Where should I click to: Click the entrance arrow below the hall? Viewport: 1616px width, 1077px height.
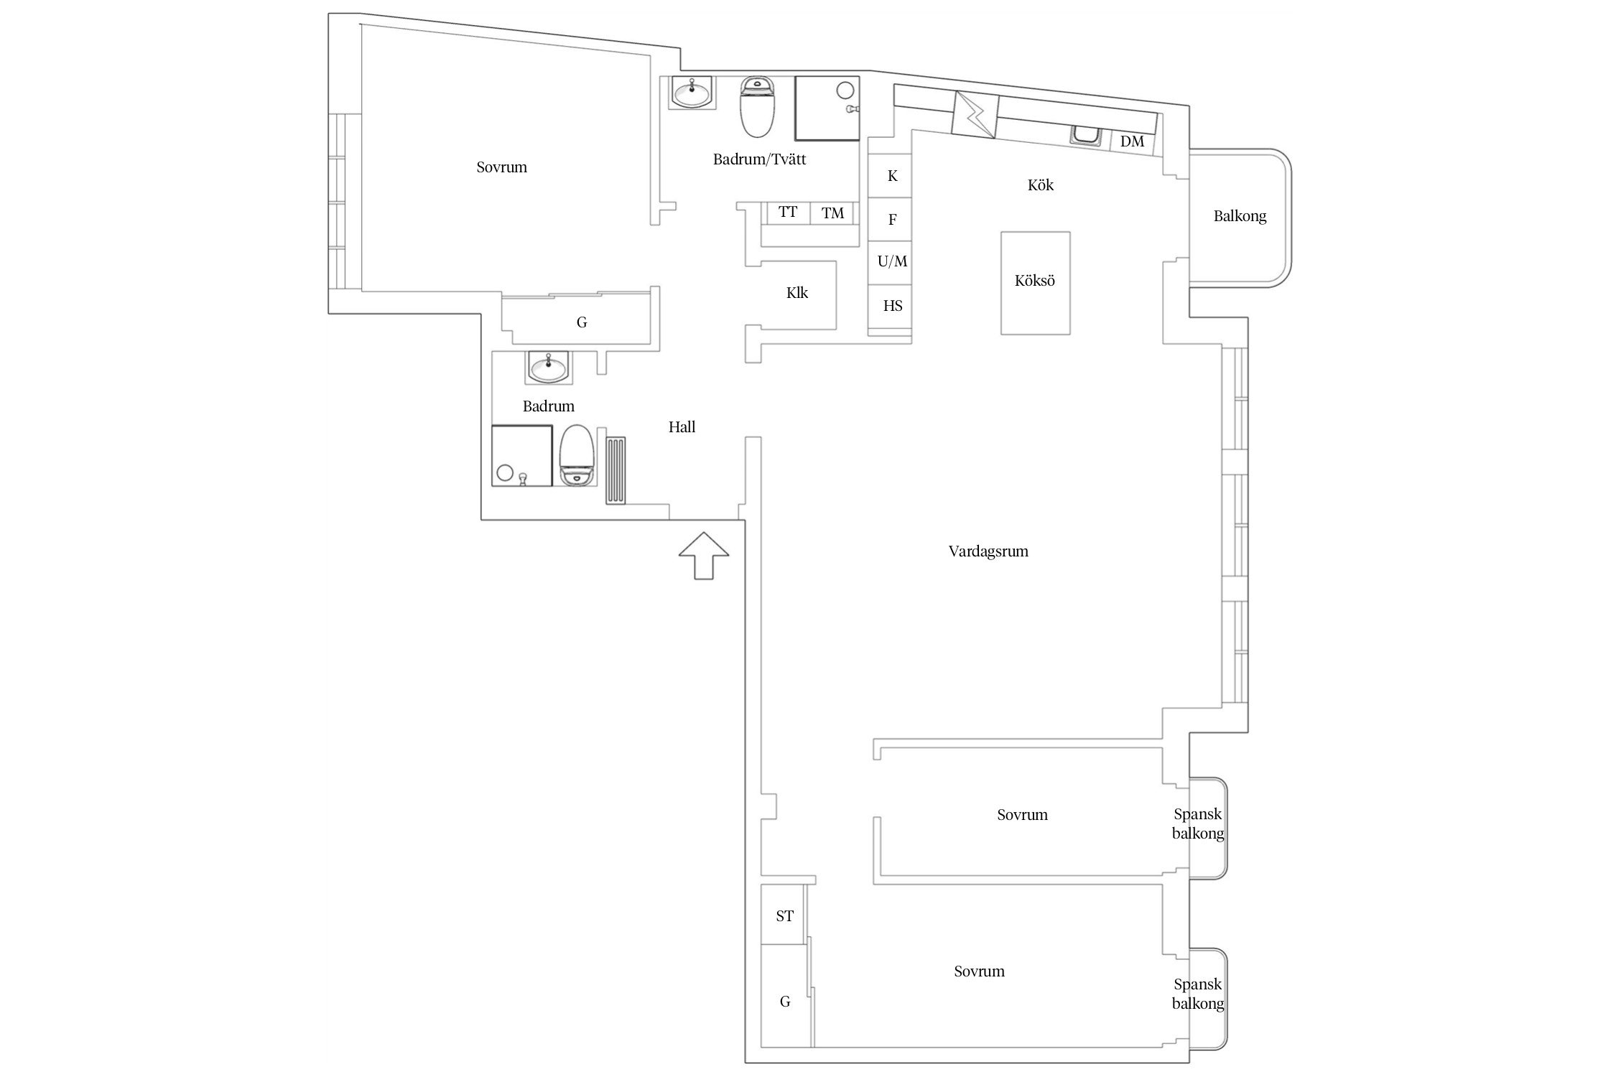click(703, 555)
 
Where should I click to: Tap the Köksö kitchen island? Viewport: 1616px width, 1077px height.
click(1036, 283)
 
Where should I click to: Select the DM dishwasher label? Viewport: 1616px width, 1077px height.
click(1132, 141)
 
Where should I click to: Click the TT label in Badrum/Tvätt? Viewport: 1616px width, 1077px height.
click(788, 212)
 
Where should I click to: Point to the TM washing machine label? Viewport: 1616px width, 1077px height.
click(832, 213)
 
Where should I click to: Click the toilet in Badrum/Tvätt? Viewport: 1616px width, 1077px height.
click(757, 107)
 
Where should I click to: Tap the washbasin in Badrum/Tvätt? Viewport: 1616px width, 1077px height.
click(692, 93)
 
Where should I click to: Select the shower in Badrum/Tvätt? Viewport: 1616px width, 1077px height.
click(827, 108)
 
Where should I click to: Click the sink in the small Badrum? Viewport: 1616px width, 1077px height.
click(548, 367)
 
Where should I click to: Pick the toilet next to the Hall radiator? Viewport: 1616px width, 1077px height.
click(576, 456)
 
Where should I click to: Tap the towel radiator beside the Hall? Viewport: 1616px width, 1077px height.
click(616, 470)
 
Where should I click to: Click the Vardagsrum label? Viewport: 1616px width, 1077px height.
click(988, 551)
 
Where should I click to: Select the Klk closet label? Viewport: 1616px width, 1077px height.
click(797, 293)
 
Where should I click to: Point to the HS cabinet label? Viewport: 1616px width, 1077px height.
click(893, 306)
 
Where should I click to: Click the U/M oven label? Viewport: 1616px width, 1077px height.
click(893, 261)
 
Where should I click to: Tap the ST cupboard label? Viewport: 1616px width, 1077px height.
click(784, 916)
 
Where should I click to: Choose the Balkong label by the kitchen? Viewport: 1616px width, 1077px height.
click(1240, 216)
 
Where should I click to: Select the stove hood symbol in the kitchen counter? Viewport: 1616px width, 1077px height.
click(975, 114)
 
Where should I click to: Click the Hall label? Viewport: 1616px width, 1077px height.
click(682, 427)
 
